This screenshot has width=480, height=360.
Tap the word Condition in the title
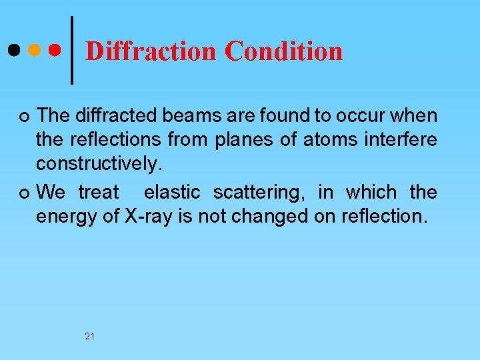point(283,51)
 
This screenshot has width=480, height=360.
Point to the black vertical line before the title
point(72,50)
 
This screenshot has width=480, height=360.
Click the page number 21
point(89,336)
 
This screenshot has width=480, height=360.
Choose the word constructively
point(99,163)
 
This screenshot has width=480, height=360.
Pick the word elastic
point(172,193)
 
